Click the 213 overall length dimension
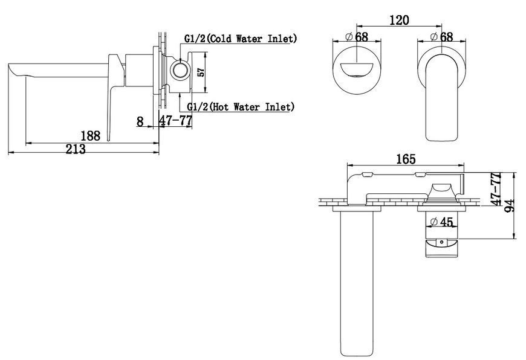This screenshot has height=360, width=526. pos(76,149)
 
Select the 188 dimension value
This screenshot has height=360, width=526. pos(90,136)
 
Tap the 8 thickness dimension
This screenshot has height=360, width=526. pos(140,121)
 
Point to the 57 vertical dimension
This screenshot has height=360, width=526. pos(201,72)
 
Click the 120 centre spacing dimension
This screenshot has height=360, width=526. pos(399,21)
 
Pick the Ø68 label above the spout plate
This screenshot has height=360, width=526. pos(357,36)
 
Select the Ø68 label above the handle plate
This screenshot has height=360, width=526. pos(441,36)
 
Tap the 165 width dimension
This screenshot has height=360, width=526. pos(406,159)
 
